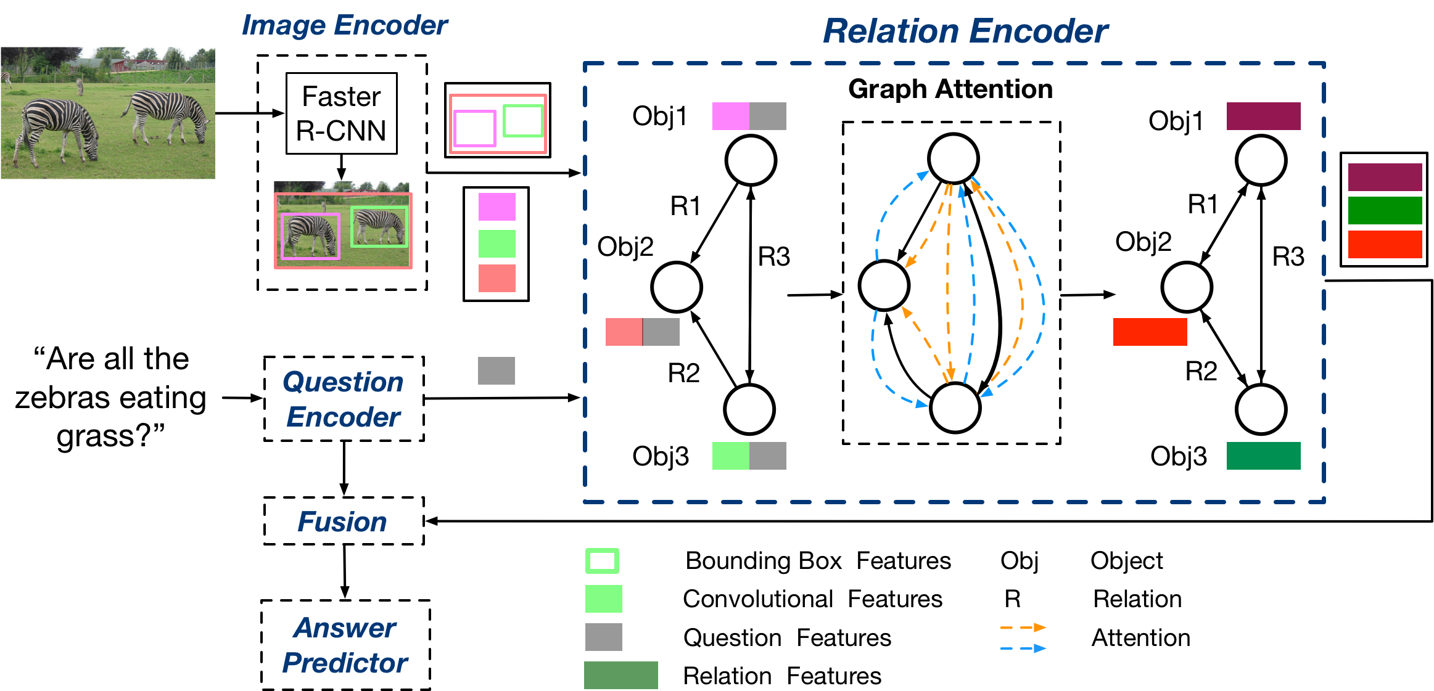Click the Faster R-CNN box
[x=341, y=113]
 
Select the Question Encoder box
[x=344, y=399]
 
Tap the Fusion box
[x=343, y=521]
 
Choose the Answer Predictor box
[x=345, y=645]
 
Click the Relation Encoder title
[x=965, y=31]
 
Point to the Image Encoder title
[x=345, y=25]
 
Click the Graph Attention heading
[x=950, y=89]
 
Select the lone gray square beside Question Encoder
[x=496, y=370]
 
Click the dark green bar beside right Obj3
[x=1263, y=456]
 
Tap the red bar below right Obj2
[x=1150, y=332]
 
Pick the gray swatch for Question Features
[x=603, y=637]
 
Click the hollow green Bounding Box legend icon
[x=602, y=561]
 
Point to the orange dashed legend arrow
[x=1023, y=628]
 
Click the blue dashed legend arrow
[x=1023, y=648]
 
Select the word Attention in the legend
[x=1140, y=637]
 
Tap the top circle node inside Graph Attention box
[x=954, y=158]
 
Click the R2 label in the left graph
[x=683, y=373]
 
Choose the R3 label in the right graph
[x=1288, y=256]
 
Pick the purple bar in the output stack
[x=1385, y=177]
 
